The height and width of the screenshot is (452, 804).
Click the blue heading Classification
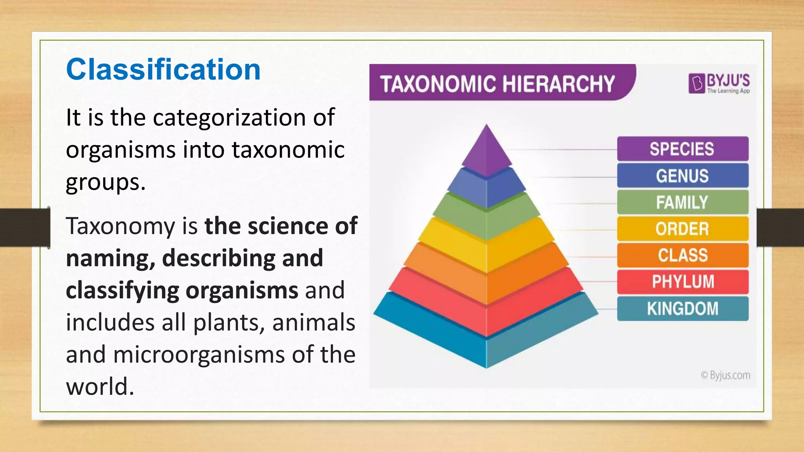163,69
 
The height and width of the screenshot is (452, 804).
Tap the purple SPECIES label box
682,149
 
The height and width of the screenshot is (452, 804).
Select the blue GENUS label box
682,176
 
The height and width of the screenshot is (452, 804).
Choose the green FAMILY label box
682,202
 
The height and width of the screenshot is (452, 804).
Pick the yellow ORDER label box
682,229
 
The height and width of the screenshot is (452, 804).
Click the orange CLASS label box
682,255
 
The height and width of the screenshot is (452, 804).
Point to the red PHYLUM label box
682,282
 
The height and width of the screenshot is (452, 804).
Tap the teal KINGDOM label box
682,308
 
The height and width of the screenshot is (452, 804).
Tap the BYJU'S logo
719,83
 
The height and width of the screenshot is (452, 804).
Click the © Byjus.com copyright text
725,375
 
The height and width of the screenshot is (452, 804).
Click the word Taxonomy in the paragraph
121,226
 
